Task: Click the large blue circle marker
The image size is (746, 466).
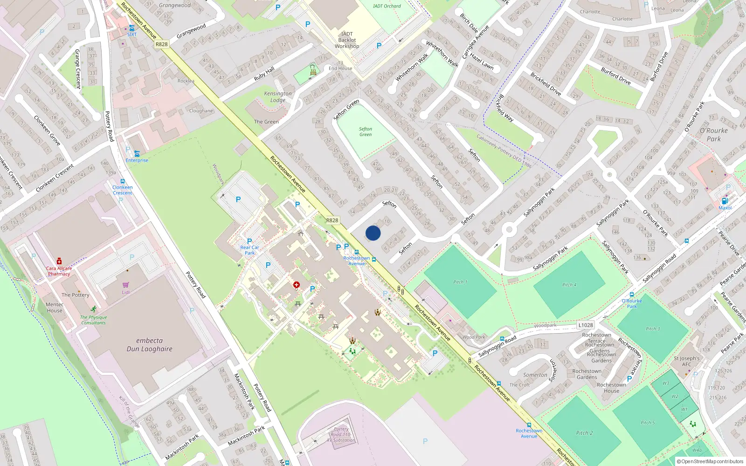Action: [373, 233]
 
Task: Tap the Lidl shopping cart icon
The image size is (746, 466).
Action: [125, 285]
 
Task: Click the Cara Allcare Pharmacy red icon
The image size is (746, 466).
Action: [59, 261]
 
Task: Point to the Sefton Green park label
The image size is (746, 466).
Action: [366, 132]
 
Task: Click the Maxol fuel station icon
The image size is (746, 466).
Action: [725, 201]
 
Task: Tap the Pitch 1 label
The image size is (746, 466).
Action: [460, 282]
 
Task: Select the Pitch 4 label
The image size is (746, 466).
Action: [569, 285]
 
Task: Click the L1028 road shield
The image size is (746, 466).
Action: [586, 325]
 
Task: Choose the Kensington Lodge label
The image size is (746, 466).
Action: [278, 96]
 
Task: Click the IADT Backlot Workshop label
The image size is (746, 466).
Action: [347, 40]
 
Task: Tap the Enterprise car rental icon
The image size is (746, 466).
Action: [137, 153]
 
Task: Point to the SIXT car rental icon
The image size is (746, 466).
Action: [132, 28]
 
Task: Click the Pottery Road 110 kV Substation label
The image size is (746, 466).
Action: [341, 434]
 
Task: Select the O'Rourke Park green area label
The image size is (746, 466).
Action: [713, 135]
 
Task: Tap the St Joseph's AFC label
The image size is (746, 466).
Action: [686, 361]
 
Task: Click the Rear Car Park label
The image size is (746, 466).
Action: [249, 250]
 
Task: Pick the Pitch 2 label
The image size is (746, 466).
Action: [584, 432]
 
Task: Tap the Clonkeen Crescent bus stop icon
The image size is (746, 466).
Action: [122, 182]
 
